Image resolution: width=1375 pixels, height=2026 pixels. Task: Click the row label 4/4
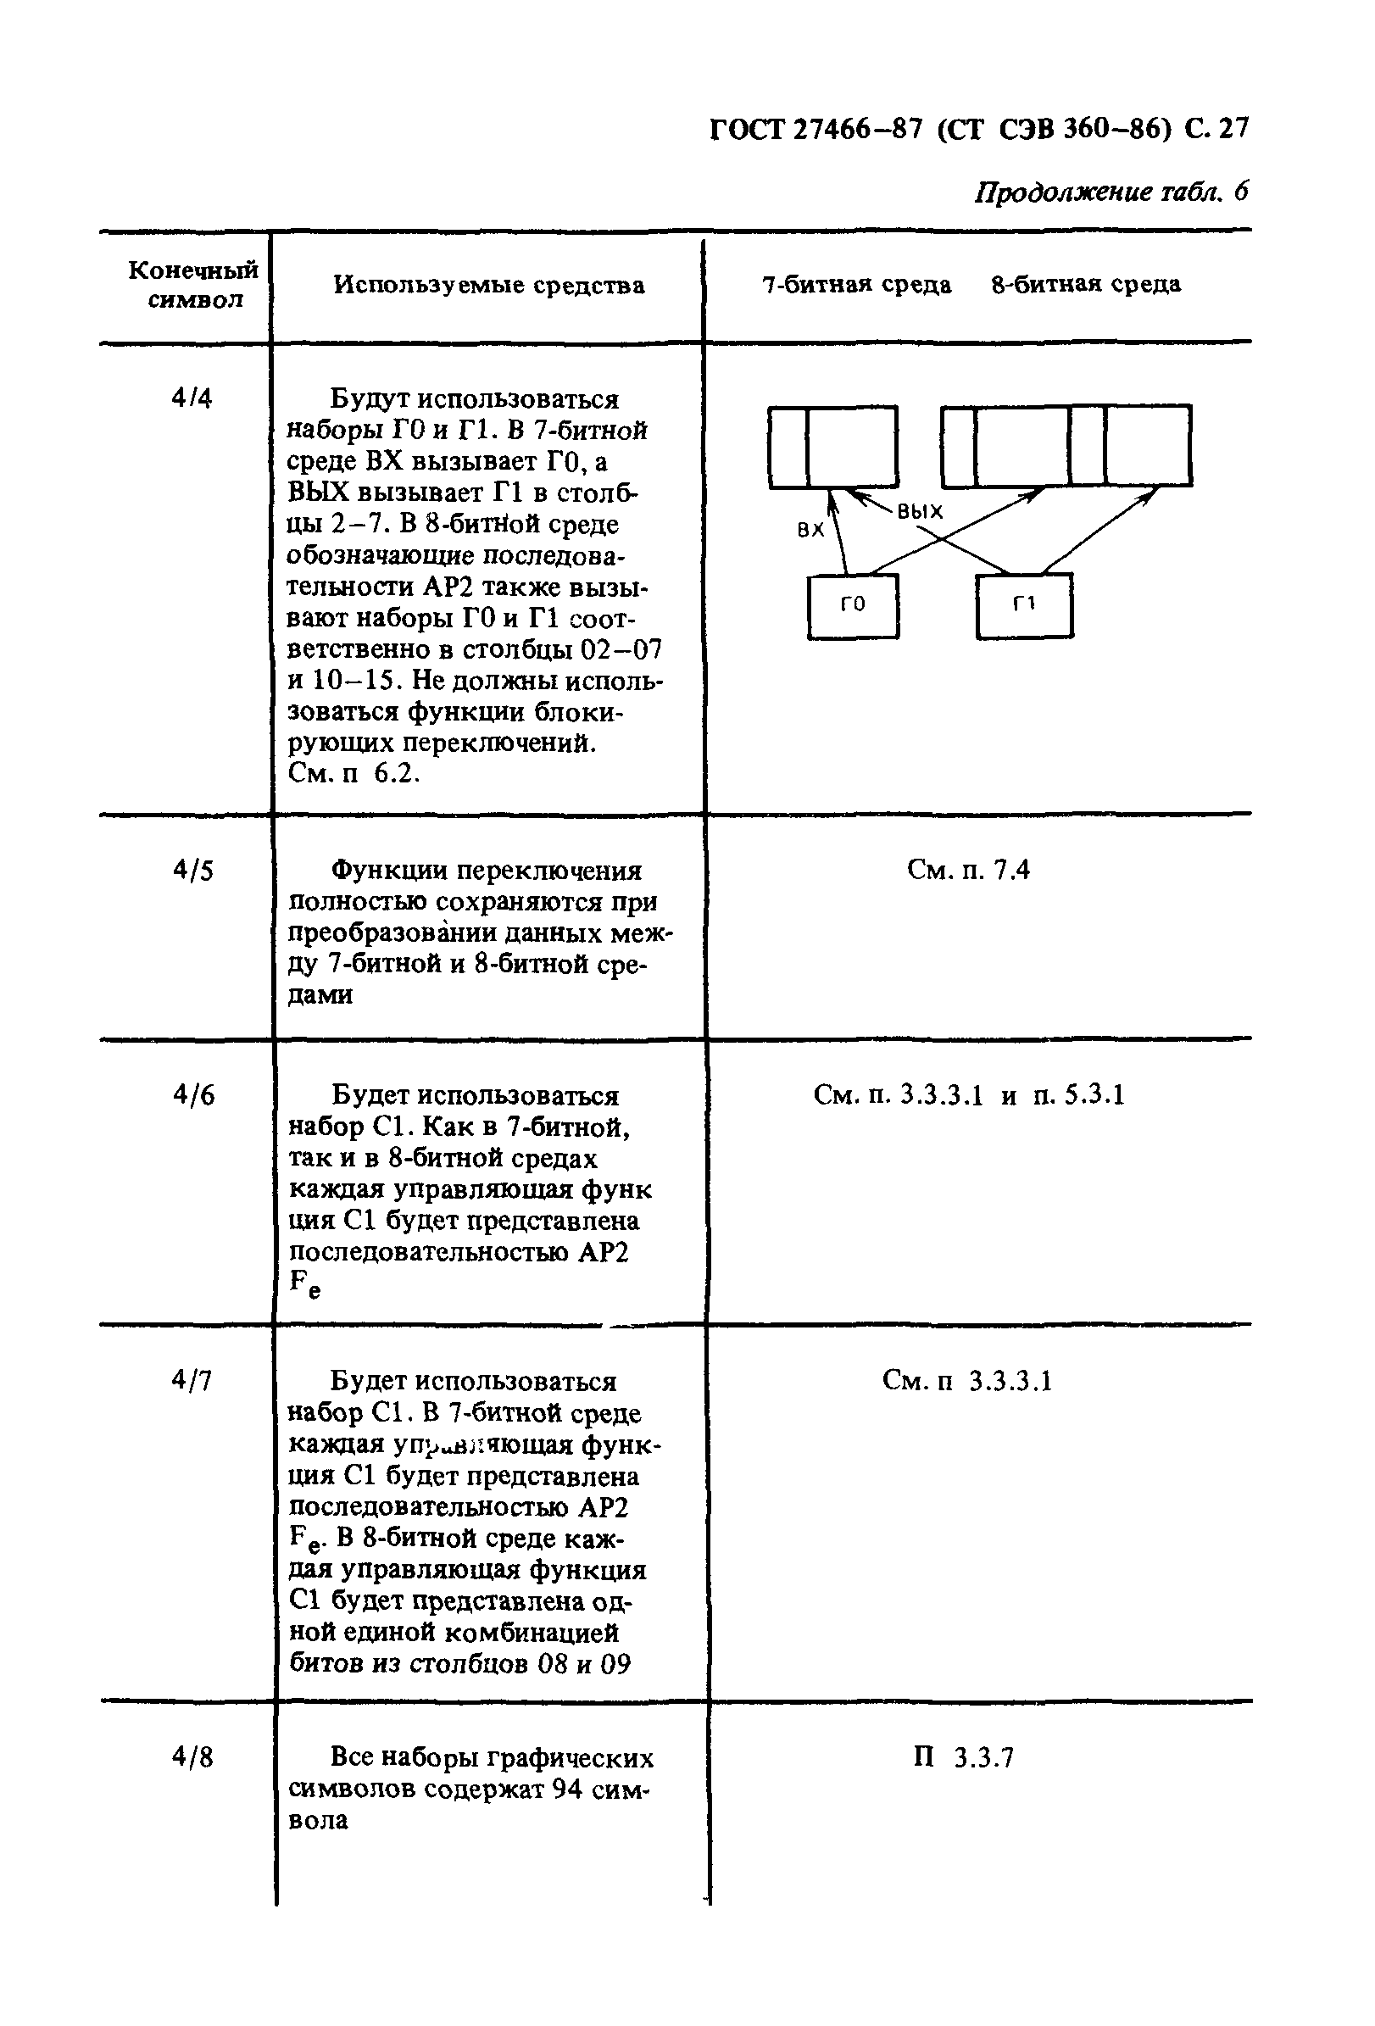click(192, 398)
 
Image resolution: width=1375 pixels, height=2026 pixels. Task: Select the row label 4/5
click(192, 870)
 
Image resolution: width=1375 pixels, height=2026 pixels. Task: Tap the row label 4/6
click(192, 1095)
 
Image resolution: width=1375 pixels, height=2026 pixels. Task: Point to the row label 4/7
click(192, 1380)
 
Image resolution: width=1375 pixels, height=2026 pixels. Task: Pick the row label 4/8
click(192, 1756)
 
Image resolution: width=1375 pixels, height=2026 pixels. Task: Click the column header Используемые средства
click(489, 285)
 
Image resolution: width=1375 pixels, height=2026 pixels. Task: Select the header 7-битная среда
click(856, 285)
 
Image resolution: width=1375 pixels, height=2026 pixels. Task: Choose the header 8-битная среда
click(1086, 284)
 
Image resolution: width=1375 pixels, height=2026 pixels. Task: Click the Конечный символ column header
click(193, 284)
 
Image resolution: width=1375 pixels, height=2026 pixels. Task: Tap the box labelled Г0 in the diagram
click(852, 605)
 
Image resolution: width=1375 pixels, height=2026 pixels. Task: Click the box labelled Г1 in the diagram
click(1024, 605)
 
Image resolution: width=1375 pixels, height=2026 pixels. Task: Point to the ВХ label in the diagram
click(811, 529)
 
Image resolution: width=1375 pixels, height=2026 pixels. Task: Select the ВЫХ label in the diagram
click(920, 512)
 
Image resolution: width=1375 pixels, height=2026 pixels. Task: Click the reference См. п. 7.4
click(968, 870)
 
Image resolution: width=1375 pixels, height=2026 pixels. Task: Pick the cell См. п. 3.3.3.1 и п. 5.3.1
click(969, 1095)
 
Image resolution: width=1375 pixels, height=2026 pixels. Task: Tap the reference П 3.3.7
click(964, 1756)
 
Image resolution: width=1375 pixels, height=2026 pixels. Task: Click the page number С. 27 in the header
click(1216, 129)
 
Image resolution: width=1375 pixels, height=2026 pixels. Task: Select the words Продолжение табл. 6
click(1111, 192)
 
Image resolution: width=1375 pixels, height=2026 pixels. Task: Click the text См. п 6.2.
click(353, 773)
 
